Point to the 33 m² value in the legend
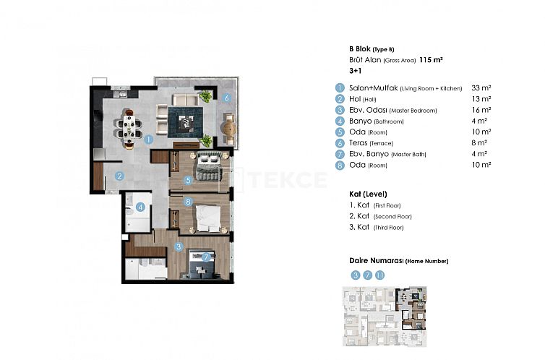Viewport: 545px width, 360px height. click(x=481, y=87)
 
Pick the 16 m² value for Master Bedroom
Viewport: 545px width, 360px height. click(x=481, y=110)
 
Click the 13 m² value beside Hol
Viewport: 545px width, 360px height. click(x=481, y=98)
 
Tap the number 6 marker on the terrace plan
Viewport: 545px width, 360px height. click(x=227, y=98)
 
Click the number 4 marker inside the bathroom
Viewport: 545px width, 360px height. click(x=142, y=207)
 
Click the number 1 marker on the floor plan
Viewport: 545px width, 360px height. click(x=147, y=139)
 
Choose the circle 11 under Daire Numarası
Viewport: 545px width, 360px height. click(x=380, y=275)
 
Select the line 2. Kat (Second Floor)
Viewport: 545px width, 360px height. click(x=379, y=216)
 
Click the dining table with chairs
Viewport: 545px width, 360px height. click(x=130, y=128)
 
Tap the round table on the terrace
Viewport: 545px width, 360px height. click(x=228, y=128)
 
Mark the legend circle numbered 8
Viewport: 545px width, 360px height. click(x=338, y=166)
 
